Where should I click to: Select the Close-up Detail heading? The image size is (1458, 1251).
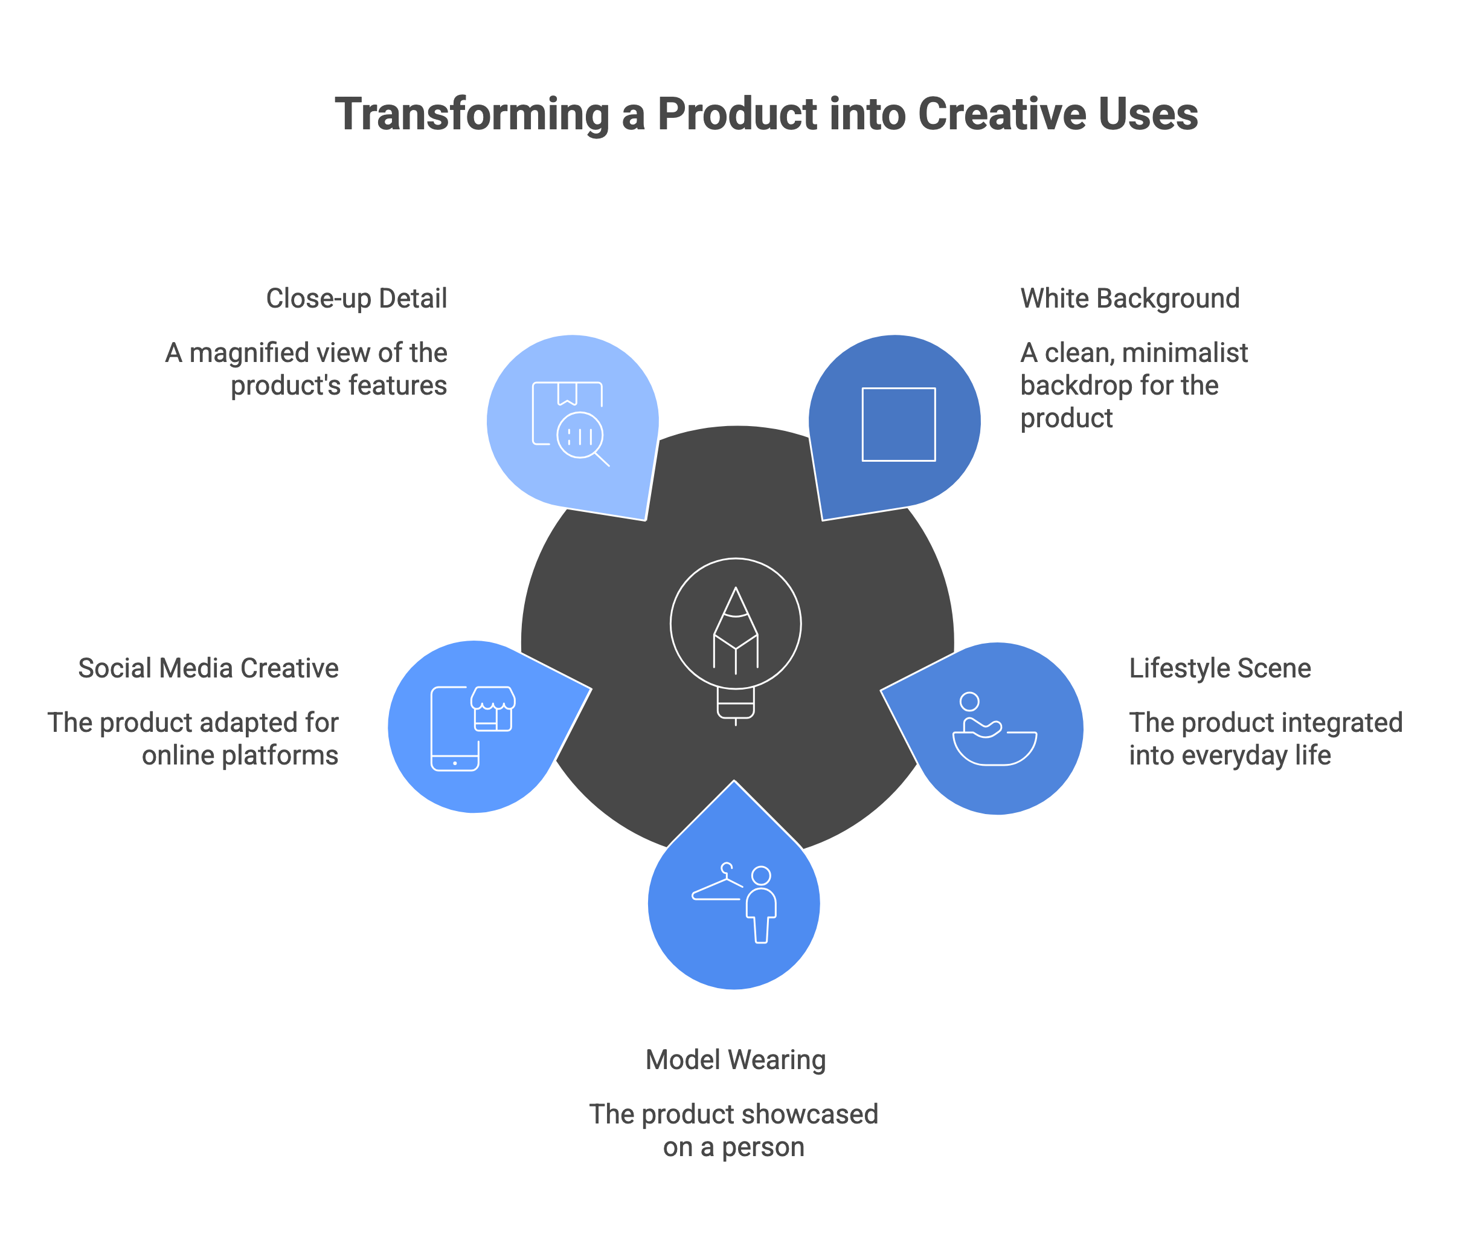[357, 299]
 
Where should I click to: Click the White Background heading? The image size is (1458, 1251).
[1130, 299]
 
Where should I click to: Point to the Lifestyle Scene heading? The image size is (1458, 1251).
[1220, 668]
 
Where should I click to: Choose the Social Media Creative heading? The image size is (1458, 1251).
[208, 668]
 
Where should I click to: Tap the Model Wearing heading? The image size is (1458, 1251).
[735, 1059]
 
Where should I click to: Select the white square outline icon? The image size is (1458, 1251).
[899, 424]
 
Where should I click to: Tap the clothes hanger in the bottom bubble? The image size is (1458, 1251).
[718, 883]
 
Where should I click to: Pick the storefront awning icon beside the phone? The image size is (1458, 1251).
[493, 709]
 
